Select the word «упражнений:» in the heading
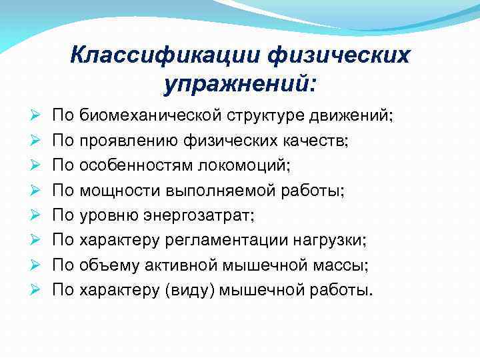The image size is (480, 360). coord(239,85)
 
